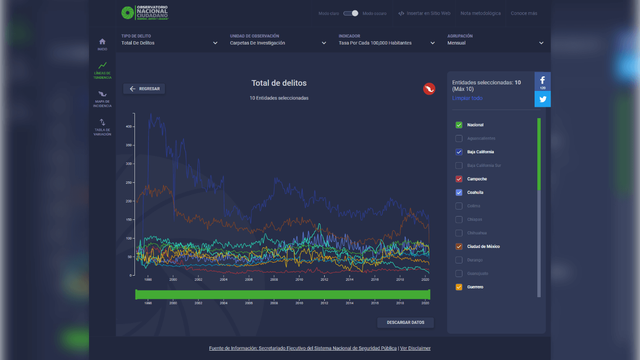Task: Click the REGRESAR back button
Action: pyautogui.click(x=144, y=89)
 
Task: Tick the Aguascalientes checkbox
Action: pyautogui.click(x=459, y=138)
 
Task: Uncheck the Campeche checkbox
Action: pyautogui.click(x=459, y=179)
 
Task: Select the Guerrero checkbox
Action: pyautogui.click(x=459, y=287)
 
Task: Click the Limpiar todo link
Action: pyautogui.click(x=467, y=98)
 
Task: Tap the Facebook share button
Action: pyautogui.click(x=543, y=81)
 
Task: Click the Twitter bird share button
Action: pyautogui.click(x=543, y=99)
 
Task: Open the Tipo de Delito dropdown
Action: pyautogui.click(x=169, y=43)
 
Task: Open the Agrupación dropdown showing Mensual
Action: pyautogui.click(x=495, y=43)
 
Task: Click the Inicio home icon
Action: pyautogui.click(x=102, y=44)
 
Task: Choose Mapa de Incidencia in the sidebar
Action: pyautogui.click(x=102, y=98)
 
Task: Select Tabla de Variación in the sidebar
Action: pyautogui.click(x=102, y=127)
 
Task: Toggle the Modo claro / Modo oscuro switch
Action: pyautogui.click(x=351, y=13)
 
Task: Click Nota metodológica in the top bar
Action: pyautogui.click(x=480, y=13)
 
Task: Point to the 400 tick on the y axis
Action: pyautogui.click(x=129, y=127)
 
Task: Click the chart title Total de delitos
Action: pyautogui.click(x=279, y=83)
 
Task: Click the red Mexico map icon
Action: pyautogui.click(x=429, y=89)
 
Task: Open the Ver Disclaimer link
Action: pyautogui.click(x=415, y=348)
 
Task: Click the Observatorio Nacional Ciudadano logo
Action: pyautogui.click(x=145, y=13)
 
